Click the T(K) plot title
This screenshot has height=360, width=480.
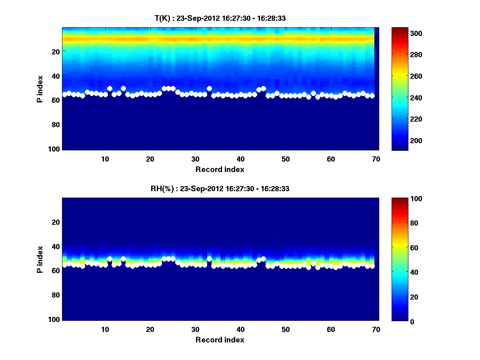coord(220,18)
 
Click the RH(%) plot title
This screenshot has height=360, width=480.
coord(220,189)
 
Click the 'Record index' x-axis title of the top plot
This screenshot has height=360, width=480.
coord(220,170)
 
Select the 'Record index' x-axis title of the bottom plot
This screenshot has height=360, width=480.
coord(220,340)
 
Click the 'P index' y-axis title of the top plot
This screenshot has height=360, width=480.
coord(40,88)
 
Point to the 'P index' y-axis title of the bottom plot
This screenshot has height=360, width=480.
coord(40,259)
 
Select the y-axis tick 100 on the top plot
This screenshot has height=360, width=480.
coord(55,149)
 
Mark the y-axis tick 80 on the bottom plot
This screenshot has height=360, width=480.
coord(55,295)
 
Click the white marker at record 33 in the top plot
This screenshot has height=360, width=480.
coord(209,88)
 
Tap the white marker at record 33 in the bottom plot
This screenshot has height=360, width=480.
coord(209,259)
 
